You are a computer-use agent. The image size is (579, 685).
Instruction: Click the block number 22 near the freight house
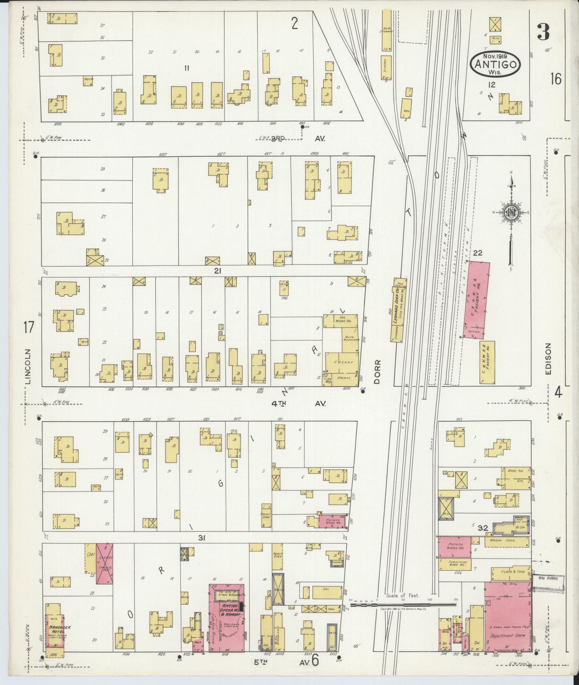click(478, 253)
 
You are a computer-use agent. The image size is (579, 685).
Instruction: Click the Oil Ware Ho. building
click(341, 319)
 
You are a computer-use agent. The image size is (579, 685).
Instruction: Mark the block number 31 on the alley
click(202, 538)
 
